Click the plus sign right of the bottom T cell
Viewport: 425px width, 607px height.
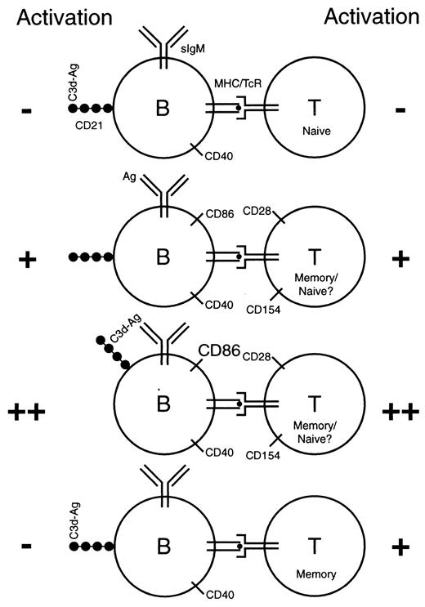pos(400,546)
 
